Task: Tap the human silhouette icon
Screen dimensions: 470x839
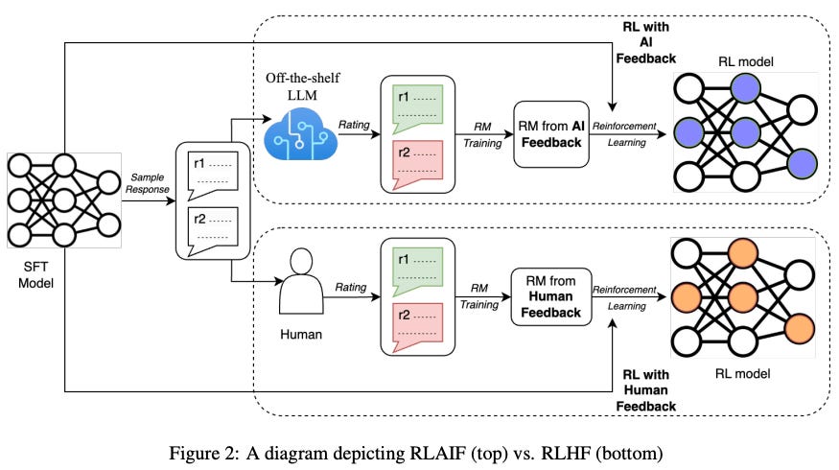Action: coord(300,287)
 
